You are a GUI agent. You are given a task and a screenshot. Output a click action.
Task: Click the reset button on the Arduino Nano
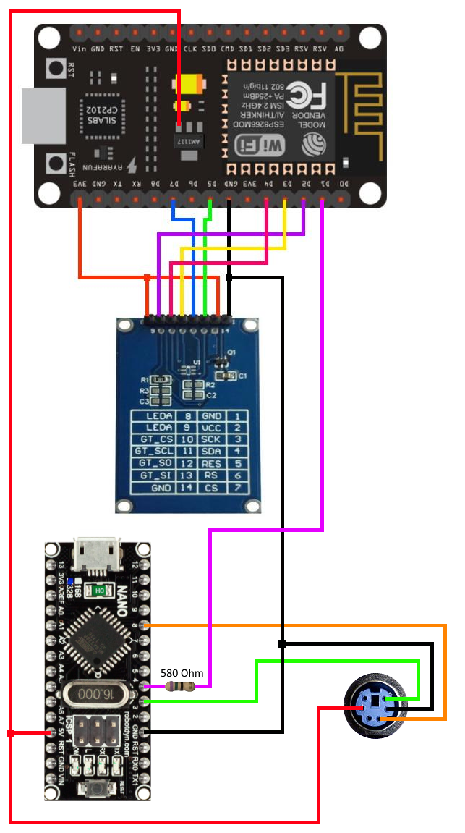click(x=98, y=788)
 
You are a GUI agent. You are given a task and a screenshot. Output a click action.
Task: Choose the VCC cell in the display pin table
click(x=211, y=428)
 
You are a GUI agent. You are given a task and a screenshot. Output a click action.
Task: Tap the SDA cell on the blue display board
click(x=211, y=450)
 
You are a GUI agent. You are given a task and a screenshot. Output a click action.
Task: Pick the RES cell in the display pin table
click(x=211, y=462)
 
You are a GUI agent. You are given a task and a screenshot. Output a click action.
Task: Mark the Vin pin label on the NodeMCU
click(x=80, y=49)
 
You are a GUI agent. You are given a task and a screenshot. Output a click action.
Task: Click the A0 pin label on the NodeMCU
click(x=339, y=49)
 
